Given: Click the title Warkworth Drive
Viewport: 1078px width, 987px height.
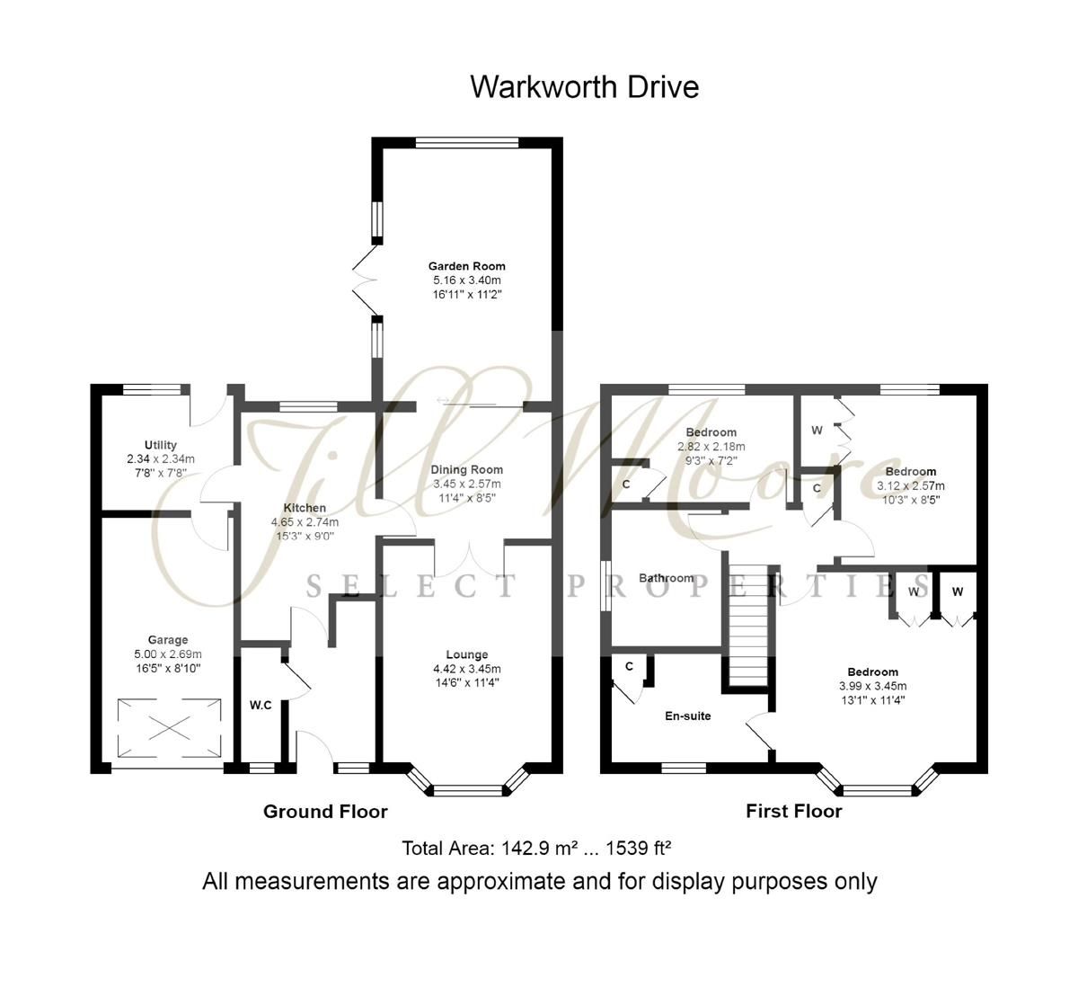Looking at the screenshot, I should tap(584, 87).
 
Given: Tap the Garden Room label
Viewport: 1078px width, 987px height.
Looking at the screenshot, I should tap(466, 266).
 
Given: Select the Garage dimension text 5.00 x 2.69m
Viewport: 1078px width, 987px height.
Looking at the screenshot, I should tap(168, 654).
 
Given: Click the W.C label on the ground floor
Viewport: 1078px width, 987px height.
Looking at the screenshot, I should tap(261, 706).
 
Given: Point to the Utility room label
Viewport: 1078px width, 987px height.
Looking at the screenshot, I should tap(161, 445).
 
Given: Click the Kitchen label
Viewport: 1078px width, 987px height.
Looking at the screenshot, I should tap(305, 508).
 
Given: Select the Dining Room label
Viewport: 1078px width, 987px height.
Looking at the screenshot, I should tap(466, 469).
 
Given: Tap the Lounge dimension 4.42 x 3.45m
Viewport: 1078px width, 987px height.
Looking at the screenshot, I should tap(466, 669).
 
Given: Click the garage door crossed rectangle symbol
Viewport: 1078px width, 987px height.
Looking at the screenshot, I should tap(168, 728).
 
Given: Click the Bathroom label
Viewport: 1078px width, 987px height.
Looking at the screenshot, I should tap(666, 578).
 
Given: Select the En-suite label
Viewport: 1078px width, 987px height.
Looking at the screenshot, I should tap(687, 716).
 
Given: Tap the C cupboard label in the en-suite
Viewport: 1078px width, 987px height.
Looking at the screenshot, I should tap(629, 666).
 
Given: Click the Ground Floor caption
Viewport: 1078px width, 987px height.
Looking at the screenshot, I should tap(325, 812).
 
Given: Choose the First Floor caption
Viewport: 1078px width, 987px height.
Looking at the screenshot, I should tap(793, 812).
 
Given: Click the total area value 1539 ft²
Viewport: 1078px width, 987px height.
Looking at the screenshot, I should tap(639, 848).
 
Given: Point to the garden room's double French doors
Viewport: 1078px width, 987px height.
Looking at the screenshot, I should tap(367, 279).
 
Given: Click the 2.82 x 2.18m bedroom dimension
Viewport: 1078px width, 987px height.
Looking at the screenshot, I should tap(711, 447).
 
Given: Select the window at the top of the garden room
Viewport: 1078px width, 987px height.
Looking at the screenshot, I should tap(466, 142).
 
